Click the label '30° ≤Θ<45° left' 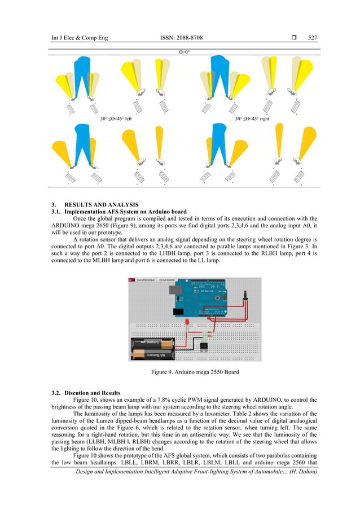pyautogui.click(x=116, y=119)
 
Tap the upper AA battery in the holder pyautogui.click(x=154, y=343)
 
